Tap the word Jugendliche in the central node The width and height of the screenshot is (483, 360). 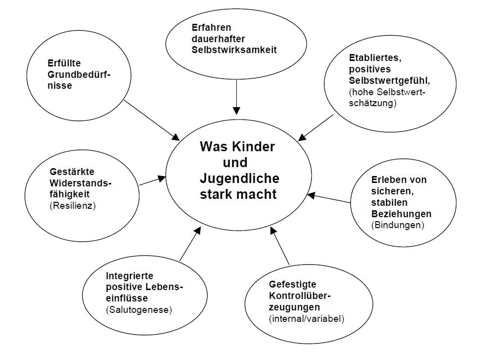[240, 178]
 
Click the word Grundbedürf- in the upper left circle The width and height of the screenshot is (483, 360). [79, 74]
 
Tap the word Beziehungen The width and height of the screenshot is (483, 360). [401, 214]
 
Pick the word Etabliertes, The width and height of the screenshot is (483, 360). [375, 58]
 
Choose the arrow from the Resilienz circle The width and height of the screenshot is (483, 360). [152, 180]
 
